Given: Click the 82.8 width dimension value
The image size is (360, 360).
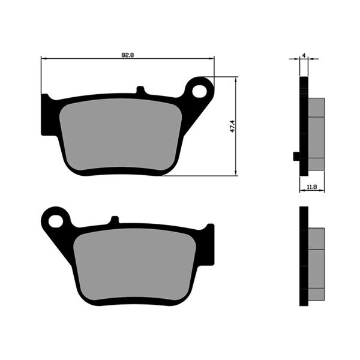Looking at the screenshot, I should pos(127,54).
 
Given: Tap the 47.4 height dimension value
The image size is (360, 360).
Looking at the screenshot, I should pos(232,127).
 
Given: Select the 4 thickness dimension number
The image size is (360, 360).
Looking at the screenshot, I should pos(304,55).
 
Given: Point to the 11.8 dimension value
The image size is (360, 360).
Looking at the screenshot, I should pos(311,187).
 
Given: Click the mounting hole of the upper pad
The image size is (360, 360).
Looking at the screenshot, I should pos(200,90).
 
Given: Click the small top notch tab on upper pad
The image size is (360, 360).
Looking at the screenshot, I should pos(141,91).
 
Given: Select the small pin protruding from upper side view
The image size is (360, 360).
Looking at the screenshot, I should pos(296,157).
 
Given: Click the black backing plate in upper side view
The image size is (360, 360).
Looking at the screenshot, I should pos(304,126).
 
